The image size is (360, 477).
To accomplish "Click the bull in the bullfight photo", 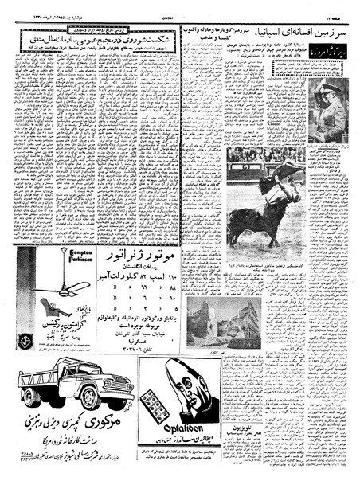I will [255, 219].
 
